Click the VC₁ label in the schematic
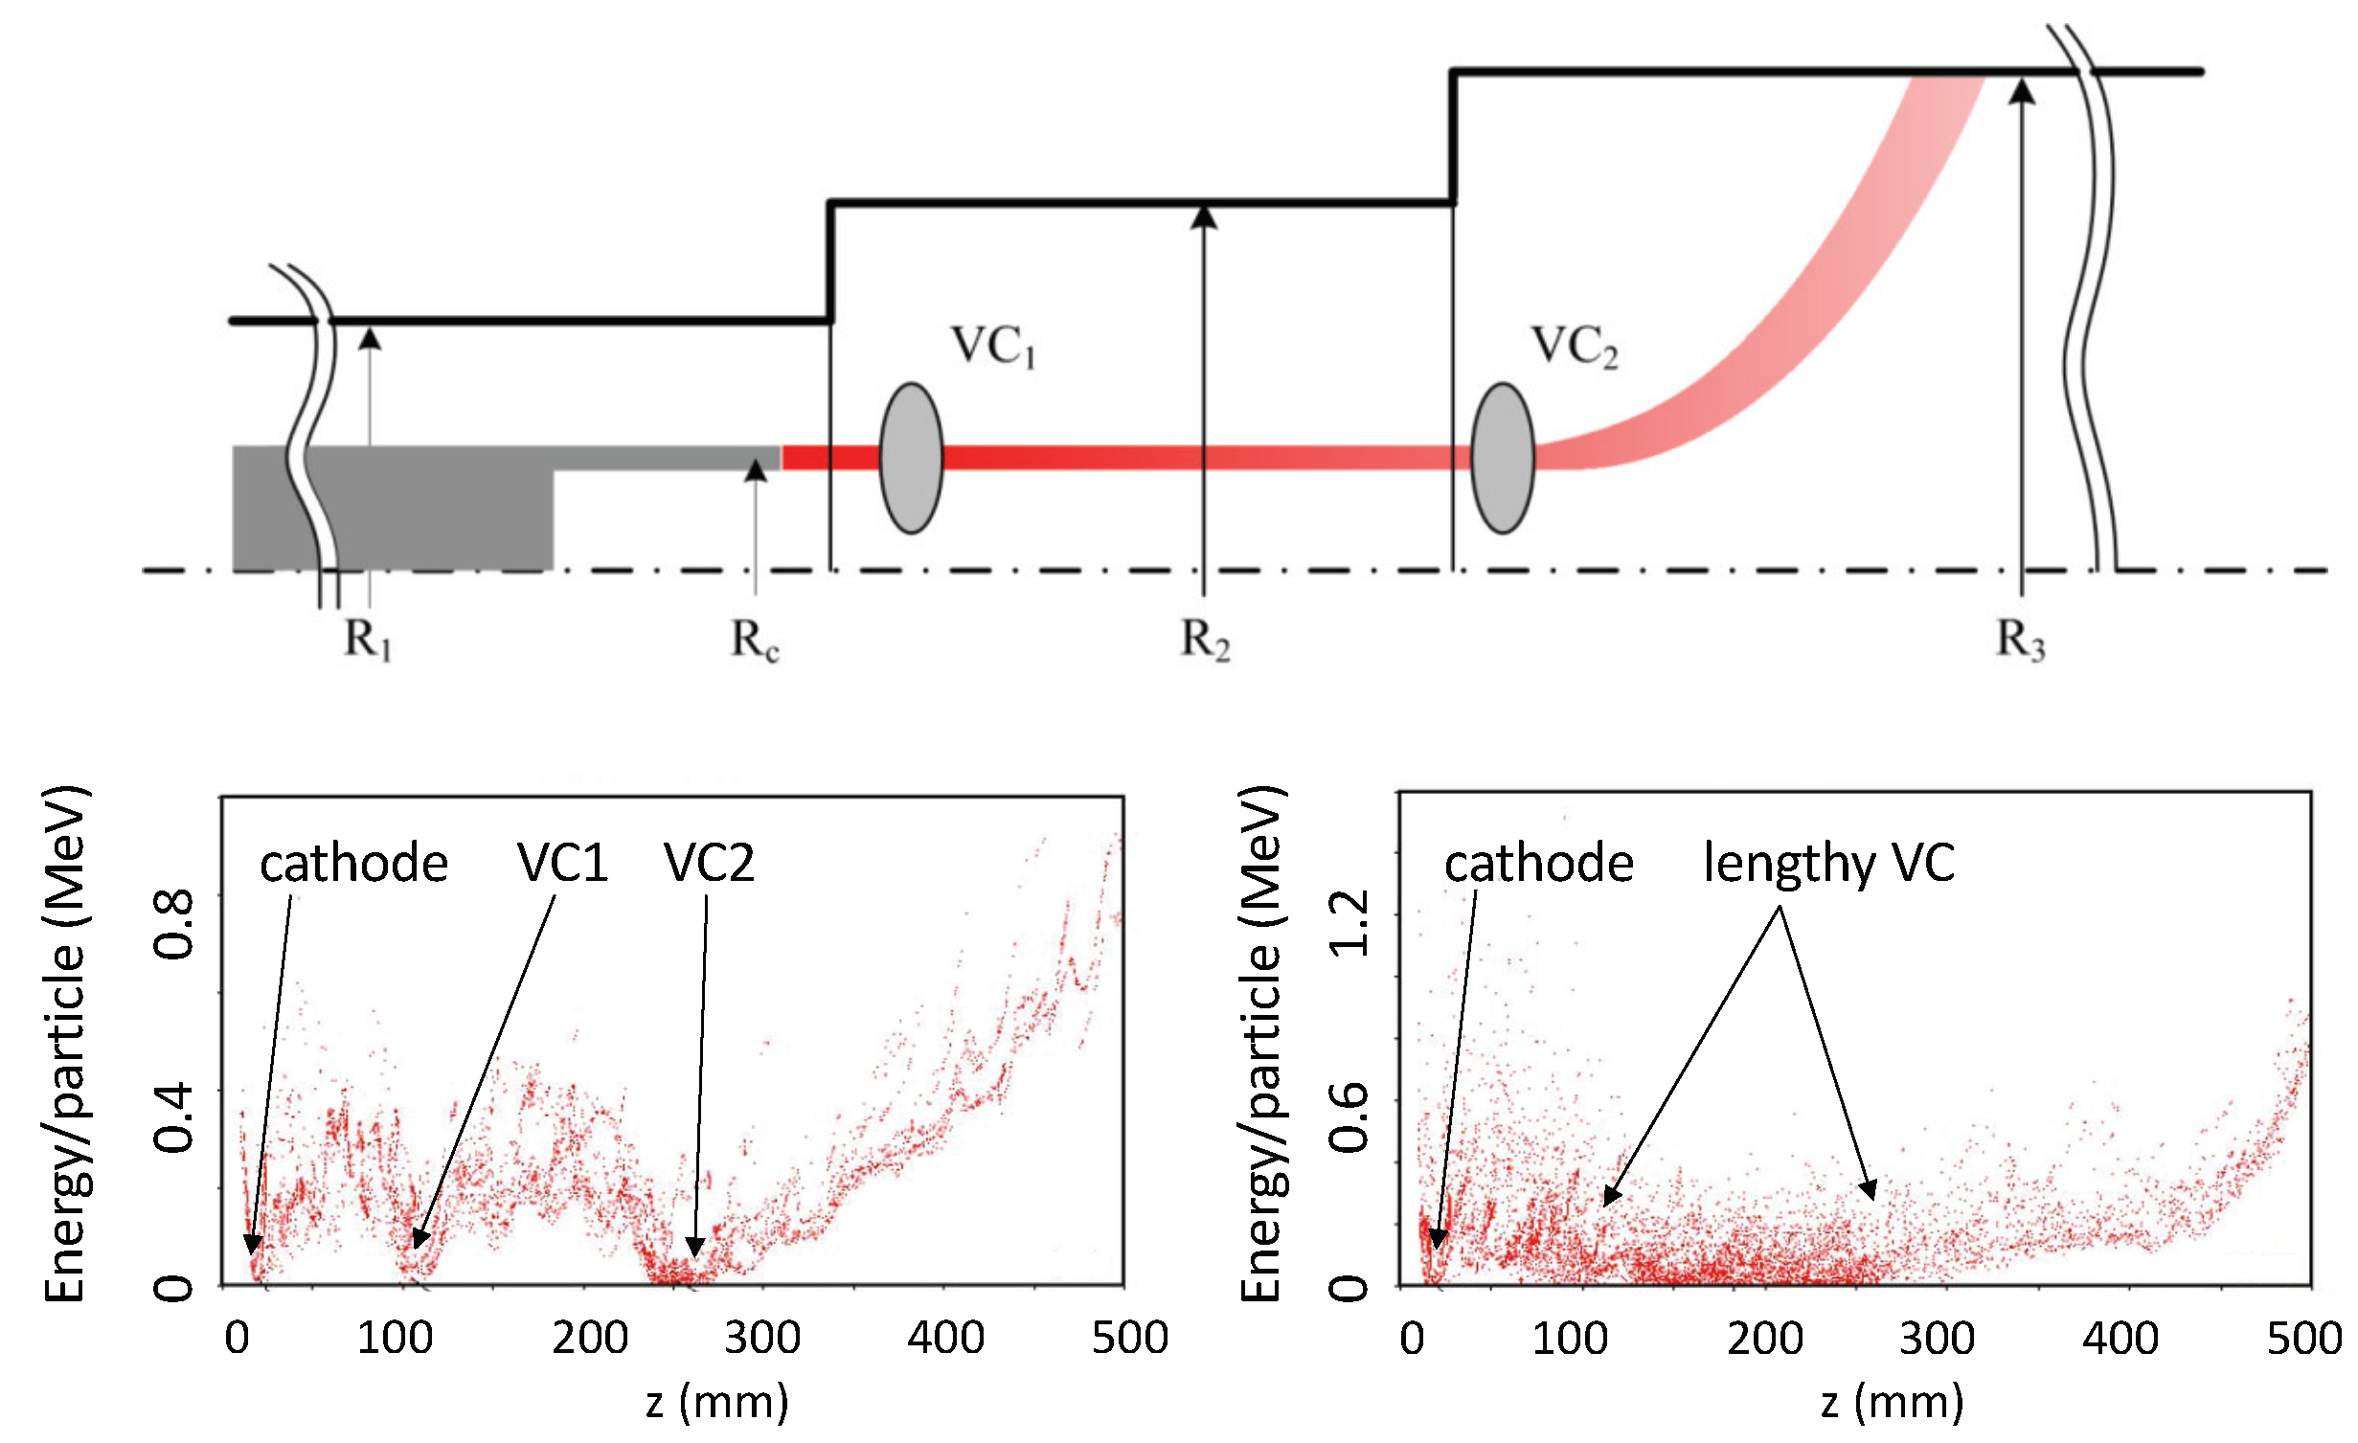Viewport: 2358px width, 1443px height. click(x=993, y=347)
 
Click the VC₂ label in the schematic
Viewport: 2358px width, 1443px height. click(x=1575, y=347)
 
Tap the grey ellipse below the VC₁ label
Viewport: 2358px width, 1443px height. click(x=912, y=458)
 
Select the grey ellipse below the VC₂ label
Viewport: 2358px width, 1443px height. click(x=1503, y=458)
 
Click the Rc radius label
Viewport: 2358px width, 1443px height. click(x=755, y=639)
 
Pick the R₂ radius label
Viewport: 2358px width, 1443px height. click(x=1205, y=639)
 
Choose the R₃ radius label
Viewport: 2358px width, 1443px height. click(x=2021, y=639)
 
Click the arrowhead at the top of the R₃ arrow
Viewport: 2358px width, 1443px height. click(x=2022, y=90)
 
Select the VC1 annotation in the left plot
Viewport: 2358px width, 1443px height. click(x=563, y=862)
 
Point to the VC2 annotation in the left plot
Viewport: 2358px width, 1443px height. click(x=709, y=862)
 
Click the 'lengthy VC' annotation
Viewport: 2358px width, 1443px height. click(x=1828, y=865)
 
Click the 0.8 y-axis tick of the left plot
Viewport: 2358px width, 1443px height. click(x=174, y=924)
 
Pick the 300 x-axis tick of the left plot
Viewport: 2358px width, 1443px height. click(x=762, y=1338)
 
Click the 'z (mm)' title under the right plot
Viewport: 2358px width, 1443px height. click(x=1893, y=1402)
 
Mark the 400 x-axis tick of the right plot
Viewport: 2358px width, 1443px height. click(x=2120, y=1338)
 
